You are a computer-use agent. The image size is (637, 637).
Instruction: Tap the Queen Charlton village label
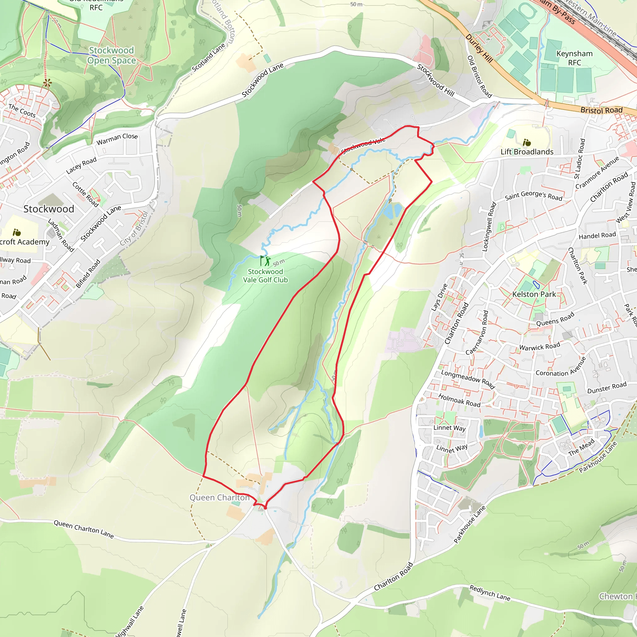pyautogui.click(x=219, y=498)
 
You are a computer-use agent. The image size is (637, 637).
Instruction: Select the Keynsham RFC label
pyautogui.click(x=574, y=58)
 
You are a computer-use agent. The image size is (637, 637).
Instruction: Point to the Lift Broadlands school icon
pyautogui.click(x=527, y=142)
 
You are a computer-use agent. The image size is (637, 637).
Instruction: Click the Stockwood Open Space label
pyautogui.click(x=111, y=55)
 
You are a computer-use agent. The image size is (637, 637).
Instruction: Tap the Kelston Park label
pyautogui.click(x=534, y=294)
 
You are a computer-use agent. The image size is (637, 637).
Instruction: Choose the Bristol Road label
pyautogui.click(x=602, y=110)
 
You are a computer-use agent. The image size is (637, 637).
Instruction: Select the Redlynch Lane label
pyautogui.click(x=490, y=593)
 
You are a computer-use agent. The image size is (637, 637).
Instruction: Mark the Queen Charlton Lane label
pyautogui.click(x=84, y=529)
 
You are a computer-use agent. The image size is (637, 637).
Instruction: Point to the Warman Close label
pyautogui.click(x=117, y=139)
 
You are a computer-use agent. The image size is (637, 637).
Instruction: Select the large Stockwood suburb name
pyautogui.click(x=49, y=209)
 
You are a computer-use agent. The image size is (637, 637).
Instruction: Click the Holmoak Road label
pyautogui.click(x=459, y=400)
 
